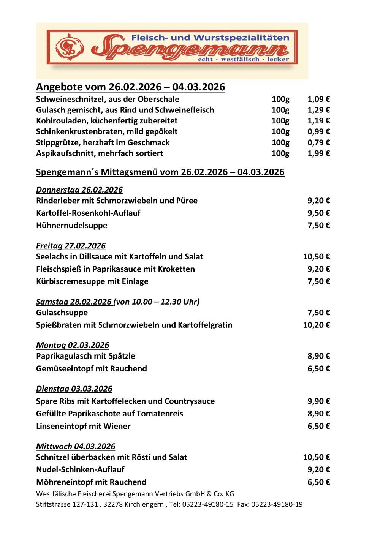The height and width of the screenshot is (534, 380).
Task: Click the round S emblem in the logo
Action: point(70,47)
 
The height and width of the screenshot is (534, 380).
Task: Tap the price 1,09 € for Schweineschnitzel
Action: point(318,99)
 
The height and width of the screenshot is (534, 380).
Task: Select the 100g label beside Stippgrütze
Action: point(280,142)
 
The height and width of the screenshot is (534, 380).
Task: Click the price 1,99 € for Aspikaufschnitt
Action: point(318,153)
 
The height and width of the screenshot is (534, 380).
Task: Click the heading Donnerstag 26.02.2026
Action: point(79,190)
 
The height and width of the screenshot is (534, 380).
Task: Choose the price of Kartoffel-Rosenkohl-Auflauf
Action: point(318,213)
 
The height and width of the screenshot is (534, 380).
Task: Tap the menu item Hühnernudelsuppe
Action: point(72,226)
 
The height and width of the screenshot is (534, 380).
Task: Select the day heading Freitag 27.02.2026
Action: point(71,246)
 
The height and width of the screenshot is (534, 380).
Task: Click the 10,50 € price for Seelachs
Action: point(317,257)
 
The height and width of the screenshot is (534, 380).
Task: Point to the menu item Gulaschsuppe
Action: point(62,313)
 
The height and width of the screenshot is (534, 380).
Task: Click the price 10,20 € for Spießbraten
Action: point(317,325)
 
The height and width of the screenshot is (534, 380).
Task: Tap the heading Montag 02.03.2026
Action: point(73,345)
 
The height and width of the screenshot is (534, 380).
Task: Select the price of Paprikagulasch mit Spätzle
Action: point(318,356)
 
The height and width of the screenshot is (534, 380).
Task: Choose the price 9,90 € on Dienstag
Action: point(318,401)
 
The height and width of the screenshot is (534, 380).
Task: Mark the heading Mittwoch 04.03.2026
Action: point(76,446)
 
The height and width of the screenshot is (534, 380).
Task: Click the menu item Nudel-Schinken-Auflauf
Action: point(80,470)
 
